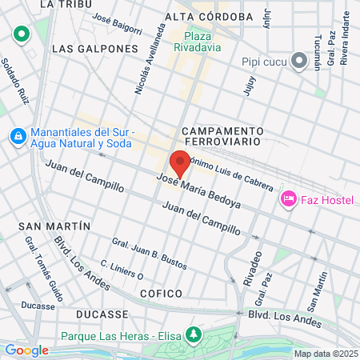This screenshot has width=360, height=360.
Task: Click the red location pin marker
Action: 180,162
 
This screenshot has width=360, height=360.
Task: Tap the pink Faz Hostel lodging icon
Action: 289,198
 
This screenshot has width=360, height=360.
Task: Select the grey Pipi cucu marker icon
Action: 299,61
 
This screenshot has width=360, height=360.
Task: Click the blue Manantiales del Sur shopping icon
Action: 17,137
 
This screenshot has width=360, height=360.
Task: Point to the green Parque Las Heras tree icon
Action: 192,333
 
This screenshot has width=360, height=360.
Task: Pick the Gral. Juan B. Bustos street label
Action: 149,253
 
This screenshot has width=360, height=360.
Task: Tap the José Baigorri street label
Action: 117,26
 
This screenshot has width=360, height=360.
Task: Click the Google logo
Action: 26,350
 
